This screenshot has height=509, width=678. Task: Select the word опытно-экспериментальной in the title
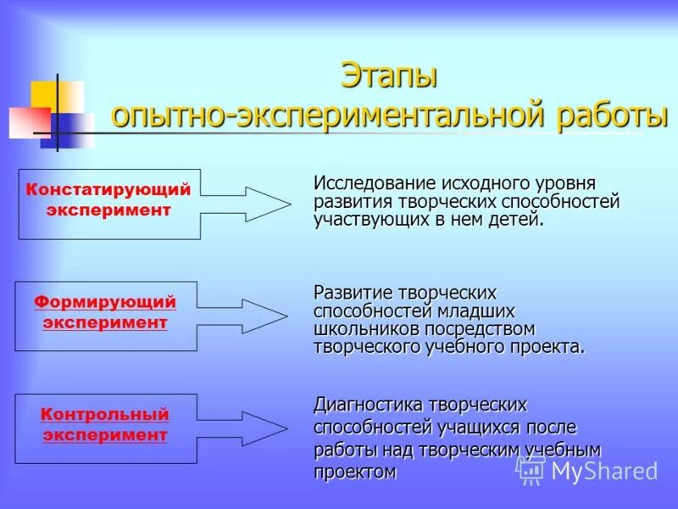click(330, 115)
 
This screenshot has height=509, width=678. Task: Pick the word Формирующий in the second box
click(105, 302)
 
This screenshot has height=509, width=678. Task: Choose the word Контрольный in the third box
click(105, 414)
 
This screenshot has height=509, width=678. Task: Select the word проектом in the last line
click(355, 471)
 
